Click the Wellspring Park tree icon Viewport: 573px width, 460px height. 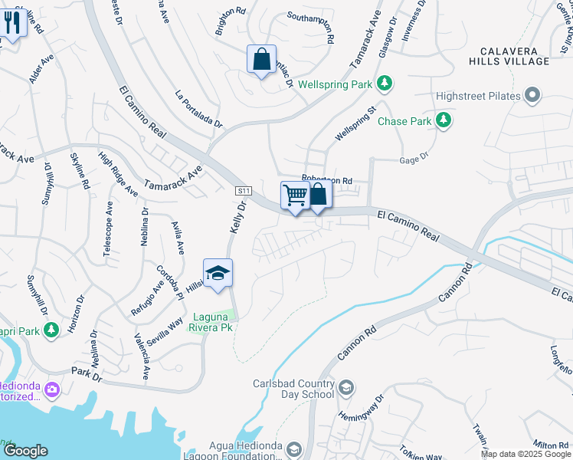pyautogui.click(x=386, y=83)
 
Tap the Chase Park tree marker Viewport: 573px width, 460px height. pyautogui.click(x=443, y=121)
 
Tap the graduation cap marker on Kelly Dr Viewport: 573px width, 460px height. pyautogui.click(x=218, y=273)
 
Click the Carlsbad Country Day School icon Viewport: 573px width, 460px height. pyautogui.click(x=346, y=388)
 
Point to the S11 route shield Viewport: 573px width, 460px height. pyautogui.click(x=244, y=190)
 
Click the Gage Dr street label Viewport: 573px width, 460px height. pyautogui.click(x=413, y=160)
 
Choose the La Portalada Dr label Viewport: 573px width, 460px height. pyautogui.click(x=198, y=110)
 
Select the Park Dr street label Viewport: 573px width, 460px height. pyautogui.click(x=87, y=373)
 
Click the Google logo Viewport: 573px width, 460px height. pyautogui.click(x=25, y=451)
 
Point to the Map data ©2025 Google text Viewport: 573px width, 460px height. pyautogui.click(x=525, y=454)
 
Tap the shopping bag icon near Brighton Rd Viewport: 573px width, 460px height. pyautogui.click(x=261, y=60)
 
